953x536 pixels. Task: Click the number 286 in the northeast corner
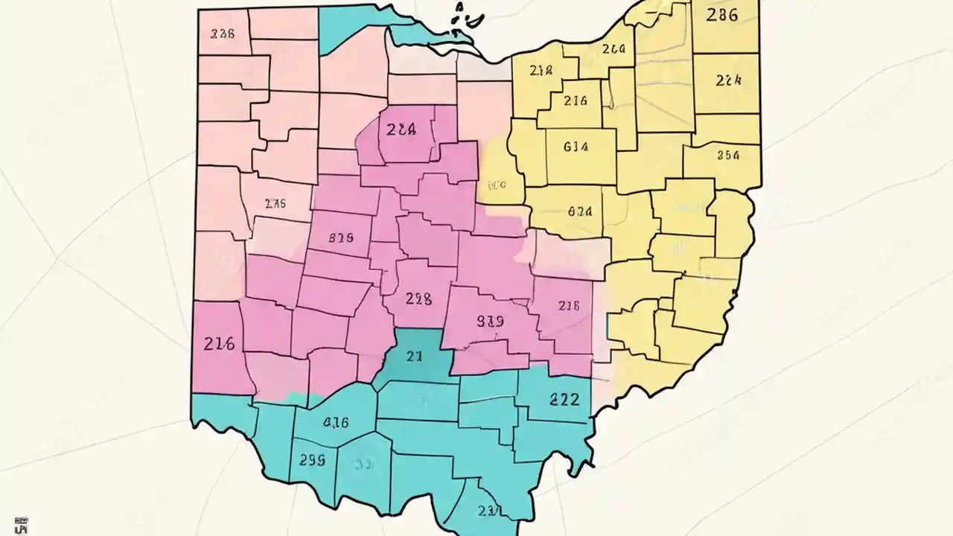[x=721, y=15]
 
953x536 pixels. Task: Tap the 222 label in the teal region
[x=564, y=399]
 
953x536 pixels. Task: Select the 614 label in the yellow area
[x=576, y=147]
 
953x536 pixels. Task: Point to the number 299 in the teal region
[x=312, y=460]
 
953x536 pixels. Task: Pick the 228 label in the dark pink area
[x=418, y=299]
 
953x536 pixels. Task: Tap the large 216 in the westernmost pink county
[x=219, y=344]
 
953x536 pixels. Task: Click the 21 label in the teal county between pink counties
[x=415, y=357]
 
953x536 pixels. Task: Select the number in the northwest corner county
[x=223, y=33]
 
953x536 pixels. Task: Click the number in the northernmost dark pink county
[x=401, y=129]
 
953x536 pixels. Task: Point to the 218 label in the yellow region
[x=541, y=71]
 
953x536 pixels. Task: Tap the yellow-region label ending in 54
[x=727, y=156]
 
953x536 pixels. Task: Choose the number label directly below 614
[x=579, y=211]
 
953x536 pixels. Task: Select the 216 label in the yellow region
[x=576, y=100]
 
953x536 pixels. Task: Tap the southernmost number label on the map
[x=489, y=511]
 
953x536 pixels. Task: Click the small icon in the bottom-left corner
[x=22, y=525]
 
